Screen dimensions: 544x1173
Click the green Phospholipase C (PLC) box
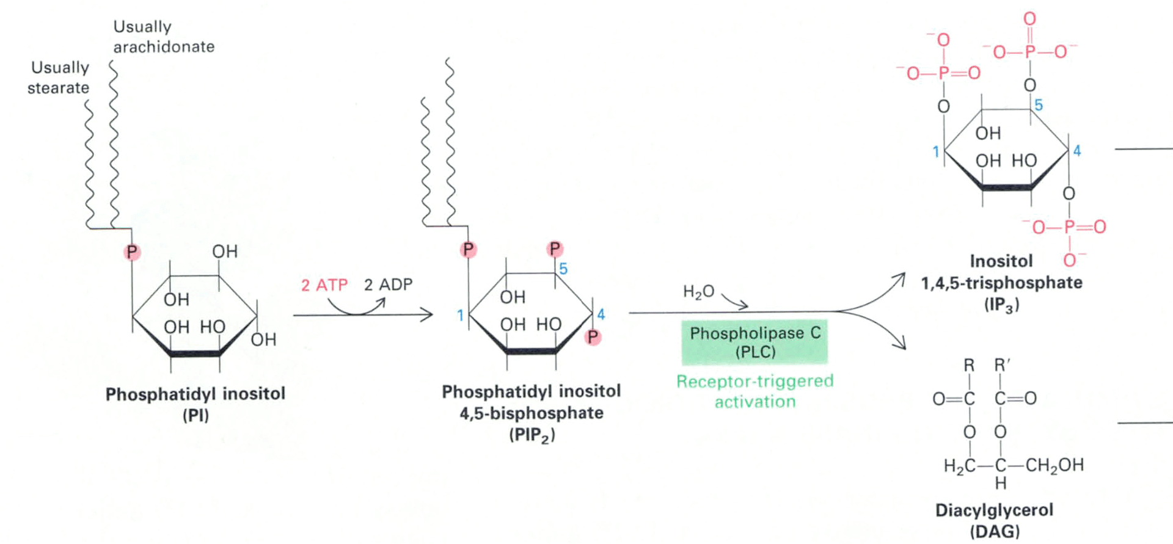(x=755, y=342)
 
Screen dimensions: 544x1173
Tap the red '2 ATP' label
(x=324, y=285)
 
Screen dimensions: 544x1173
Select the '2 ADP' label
(x=388, y=285)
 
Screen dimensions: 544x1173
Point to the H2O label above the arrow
(x=698, y=292)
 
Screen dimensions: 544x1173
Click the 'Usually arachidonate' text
(x=164, y=37)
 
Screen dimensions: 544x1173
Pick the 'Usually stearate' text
(x=59, y=78)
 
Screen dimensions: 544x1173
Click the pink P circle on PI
(x=132, y=252)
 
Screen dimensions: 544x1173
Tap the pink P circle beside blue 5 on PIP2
(x=555, y=249)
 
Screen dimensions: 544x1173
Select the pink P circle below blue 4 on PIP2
(x=592, y=337)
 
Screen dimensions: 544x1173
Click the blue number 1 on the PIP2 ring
(x=461, y=316)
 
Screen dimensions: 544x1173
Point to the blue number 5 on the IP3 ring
(x=1039, y=106)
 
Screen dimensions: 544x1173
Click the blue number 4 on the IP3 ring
(x=1076, y=151)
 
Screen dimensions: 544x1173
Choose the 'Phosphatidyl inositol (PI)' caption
(x=195, y=404)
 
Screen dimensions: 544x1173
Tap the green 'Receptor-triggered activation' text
(x=755, y=391)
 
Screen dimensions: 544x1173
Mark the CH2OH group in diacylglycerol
(x=1054, y=465)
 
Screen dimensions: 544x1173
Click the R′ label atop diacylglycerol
(x=1002, y=366)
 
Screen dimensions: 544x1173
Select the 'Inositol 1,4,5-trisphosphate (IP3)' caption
(x=1002, y=283)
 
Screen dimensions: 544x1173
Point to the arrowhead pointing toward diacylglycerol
(x=901, y=346)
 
